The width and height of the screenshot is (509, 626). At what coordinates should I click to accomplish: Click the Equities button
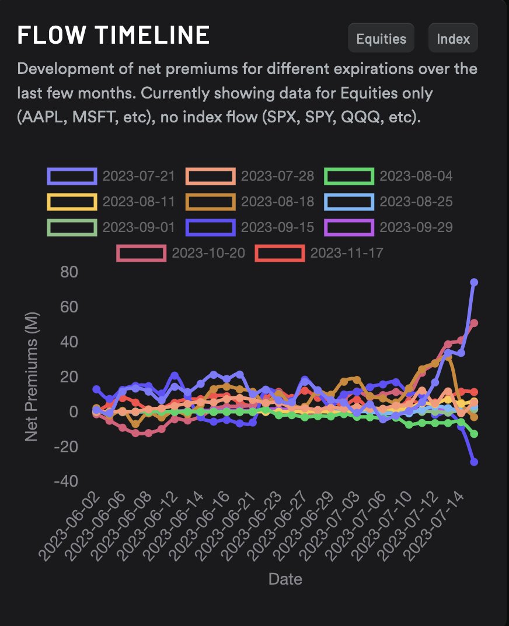(381, 38)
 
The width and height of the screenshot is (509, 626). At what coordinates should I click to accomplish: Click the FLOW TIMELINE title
(113, 36)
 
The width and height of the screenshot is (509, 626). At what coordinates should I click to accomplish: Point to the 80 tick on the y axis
(65, 272)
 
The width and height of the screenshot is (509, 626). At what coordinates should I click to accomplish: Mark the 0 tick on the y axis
(74, 412)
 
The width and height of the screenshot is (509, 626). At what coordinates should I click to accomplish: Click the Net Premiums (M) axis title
(32, 377)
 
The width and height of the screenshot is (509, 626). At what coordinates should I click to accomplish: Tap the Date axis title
(285, 579)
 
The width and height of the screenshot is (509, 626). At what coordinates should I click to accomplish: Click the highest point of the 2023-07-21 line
(474, 282)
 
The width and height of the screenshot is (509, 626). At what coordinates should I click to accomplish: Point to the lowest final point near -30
(474, 462)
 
